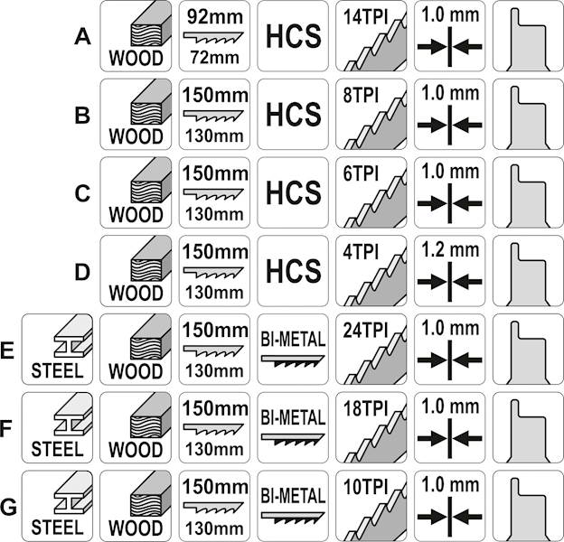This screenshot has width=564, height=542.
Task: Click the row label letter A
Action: (x=82, y=37)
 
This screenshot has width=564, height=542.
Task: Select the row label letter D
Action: (x=82, y=272)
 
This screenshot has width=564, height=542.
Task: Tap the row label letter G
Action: (x=8, y=507)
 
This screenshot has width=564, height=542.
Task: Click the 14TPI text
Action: (x=365, y=17)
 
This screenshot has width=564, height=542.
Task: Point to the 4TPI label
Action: (x=361, y=252)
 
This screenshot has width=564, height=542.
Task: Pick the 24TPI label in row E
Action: (x=365, y=331)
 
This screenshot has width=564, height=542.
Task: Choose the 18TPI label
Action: (x=365, y=408)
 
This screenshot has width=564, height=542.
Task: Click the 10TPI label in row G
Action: (x=365, y=487)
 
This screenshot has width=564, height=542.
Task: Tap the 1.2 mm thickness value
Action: (x=450, y=250)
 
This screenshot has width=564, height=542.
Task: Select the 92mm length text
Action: (x=215, y=17)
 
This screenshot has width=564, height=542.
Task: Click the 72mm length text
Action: (x=215, y=58)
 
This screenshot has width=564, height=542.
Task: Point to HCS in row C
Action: (x=293, y=192)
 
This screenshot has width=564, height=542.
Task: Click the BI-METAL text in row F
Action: (x=293, y=417)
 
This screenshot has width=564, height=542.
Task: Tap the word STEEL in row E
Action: (x=57, y=370)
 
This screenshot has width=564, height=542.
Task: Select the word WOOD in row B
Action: (x=136, y=136)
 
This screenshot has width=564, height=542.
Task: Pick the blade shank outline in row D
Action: (x=529, y=275)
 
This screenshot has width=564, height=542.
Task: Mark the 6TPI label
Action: (x=361, y=173)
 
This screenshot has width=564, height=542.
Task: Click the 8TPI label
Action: (x=361, y=95)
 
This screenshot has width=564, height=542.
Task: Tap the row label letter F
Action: (x=7, y=429)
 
